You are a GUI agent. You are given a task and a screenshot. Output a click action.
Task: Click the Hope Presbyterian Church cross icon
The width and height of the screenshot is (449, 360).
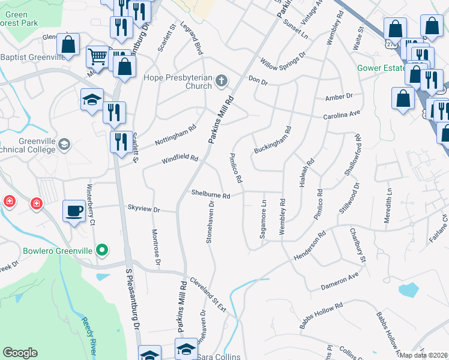click(221, 80)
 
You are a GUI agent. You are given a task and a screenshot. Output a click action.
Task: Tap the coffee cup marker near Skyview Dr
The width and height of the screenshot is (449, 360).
click(74, 211)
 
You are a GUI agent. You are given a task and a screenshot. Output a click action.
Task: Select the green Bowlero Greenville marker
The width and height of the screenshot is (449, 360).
click(103, 250)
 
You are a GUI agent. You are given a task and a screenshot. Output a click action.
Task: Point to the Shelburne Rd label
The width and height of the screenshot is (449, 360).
click(211, 196)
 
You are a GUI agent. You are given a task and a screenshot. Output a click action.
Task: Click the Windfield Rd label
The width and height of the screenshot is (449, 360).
click(179, 159)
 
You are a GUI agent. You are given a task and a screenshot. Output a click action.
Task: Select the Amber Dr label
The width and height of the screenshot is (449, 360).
click(339, 97)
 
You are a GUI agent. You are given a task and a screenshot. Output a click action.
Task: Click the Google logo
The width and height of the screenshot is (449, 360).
click(20, 353)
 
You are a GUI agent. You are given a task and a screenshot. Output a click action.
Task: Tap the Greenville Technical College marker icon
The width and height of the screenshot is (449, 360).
click(64, 145)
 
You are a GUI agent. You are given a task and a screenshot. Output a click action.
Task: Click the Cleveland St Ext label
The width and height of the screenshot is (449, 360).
click(208, 295)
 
